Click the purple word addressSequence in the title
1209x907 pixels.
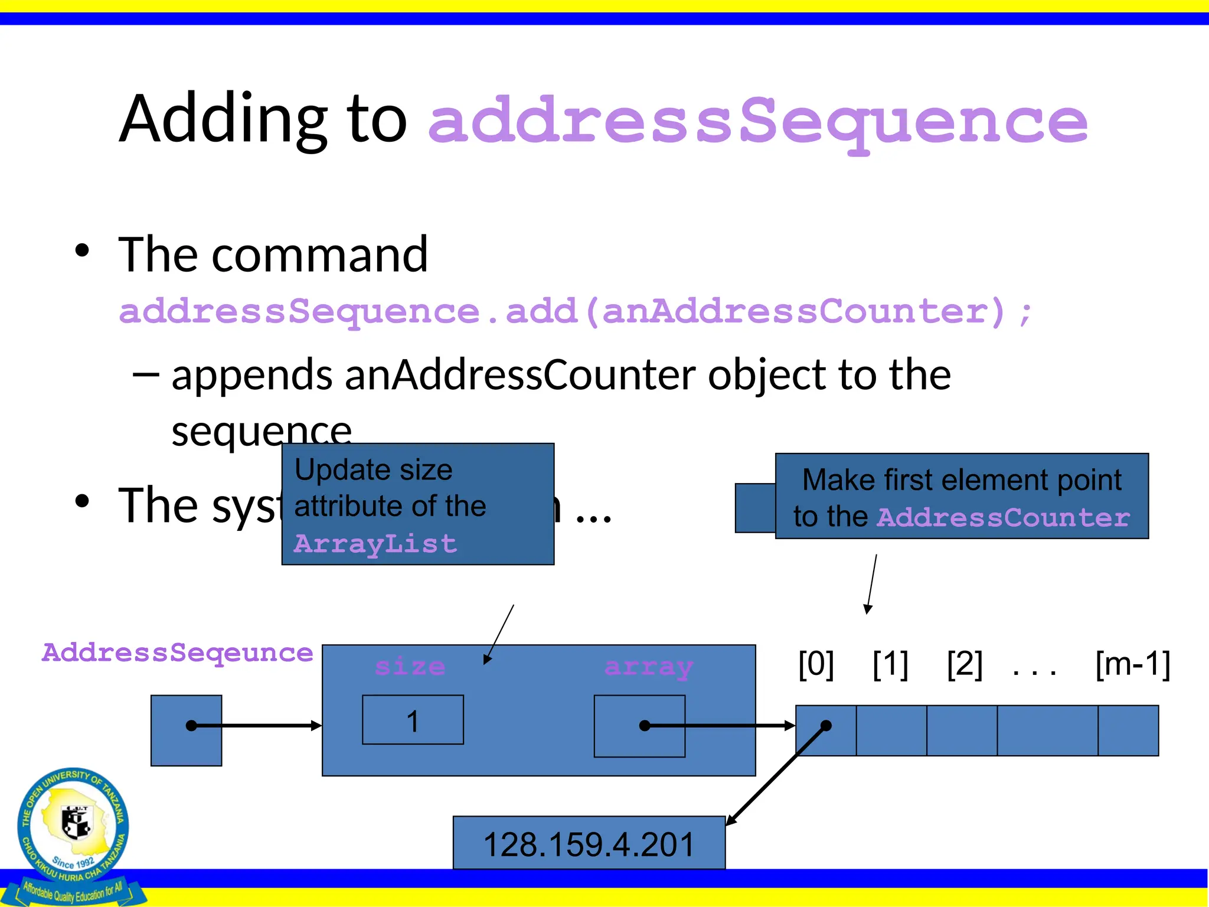click(x=758, y=121)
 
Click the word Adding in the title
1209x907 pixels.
click(x=223, y=120)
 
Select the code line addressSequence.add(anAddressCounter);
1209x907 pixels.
click(x=576, y=311)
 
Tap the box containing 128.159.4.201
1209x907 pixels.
click(x=589, y=843)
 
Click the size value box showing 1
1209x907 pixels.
click(x=413, y=720)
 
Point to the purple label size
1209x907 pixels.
click(x=410, y=667)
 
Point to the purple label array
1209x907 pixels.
click(x=648, y=667)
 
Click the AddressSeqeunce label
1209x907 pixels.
click(x=178, y=653)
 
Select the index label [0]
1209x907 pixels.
click(x=816, y=664)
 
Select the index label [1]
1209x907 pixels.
click(x=890, y=664)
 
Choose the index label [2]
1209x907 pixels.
click(x=965, y=664)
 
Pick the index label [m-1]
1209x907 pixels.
click(x=1132, y=664)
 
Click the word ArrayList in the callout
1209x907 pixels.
click(x=375, y=544)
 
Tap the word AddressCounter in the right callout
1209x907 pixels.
click(x=1003, y=518)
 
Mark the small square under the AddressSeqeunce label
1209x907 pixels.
click(x=186, y=730)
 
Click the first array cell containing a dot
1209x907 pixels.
click(x=826, y=730)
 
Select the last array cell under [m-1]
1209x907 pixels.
click(x=1128, y=730)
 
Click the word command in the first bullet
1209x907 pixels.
click(x=319, y=255)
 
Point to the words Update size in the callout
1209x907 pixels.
click(x=373, y=471)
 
